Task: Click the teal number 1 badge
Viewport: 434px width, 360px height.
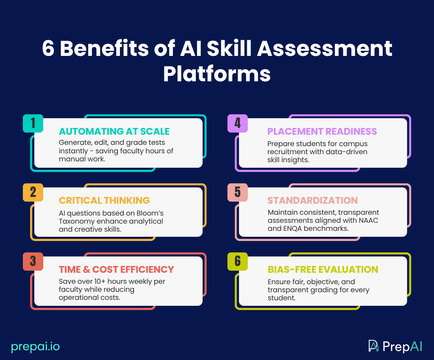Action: point(33,123)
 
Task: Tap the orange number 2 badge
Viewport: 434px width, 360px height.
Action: point(33,192)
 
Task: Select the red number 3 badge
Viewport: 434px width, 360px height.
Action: point(33,261)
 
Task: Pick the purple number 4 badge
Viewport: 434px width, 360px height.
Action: point(237,123)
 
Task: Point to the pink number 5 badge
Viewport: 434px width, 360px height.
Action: point(237,192)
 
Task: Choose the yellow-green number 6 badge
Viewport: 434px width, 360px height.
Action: point(237,261)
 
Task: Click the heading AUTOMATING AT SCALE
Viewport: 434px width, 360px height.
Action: point(114,131)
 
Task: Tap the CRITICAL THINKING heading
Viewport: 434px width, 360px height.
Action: point(104,200)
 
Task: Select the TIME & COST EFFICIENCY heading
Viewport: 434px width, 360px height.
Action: point(117,269)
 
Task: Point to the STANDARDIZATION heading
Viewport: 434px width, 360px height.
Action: point(313,200)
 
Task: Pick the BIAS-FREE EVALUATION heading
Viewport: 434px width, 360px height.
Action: point(323,269)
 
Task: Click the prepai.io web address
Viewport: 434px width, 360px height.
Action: point(36,346)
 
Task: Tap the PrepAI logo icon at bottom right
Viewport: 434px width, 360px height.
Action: point(373,346)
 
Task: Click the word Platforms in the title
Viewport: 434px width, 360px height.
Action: point(217,74)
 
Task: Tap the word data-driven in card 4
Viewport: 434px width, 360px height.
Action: point(347,151)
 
